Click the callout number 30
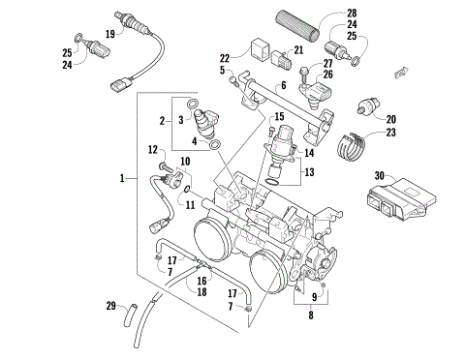click(380, 175)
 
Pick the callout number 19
click(110, 34)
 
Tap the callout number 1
click(121, 178)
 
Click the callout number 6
click(283, 86)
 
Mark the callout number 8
click(310, 314)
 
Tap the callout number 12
click(152, 149)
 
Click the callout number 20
click(390, 119)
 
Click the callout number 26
click(327, 74)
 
